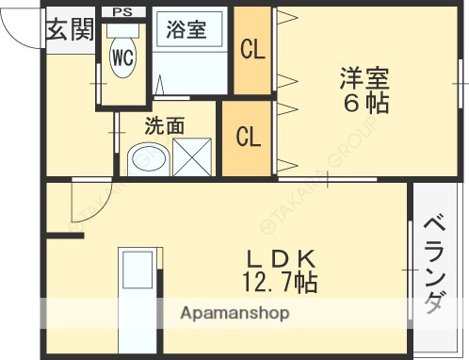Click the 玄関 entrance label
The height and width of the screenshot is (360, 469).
tap(69, 30)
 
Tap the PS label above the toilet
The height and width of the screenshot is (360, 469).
tap(122, 11)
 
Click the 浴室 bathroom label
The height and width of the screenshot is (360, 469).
tap(186, 30)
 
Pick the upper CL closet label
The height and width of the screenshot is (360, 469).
tap(251, 50)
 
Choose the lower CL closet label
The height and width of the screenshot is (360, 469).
tap(248, 138)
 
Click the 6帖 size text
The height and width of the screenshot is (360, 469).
tap(364, 104)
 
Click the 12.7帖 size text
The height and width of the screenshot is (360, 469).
tap(280, 280)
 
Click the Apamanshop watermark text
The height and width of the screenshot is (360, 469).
tap(234, 312)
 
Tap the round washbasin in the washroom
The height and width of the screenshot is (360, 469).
tap(145, 160)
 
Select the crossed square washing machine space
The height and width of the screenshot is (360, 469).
tap(192, 158)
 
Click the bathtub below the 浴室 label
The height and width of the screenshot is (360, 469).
tap(191, 72)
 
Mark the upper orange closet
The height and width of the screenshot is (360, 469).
tap(251, 50)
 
